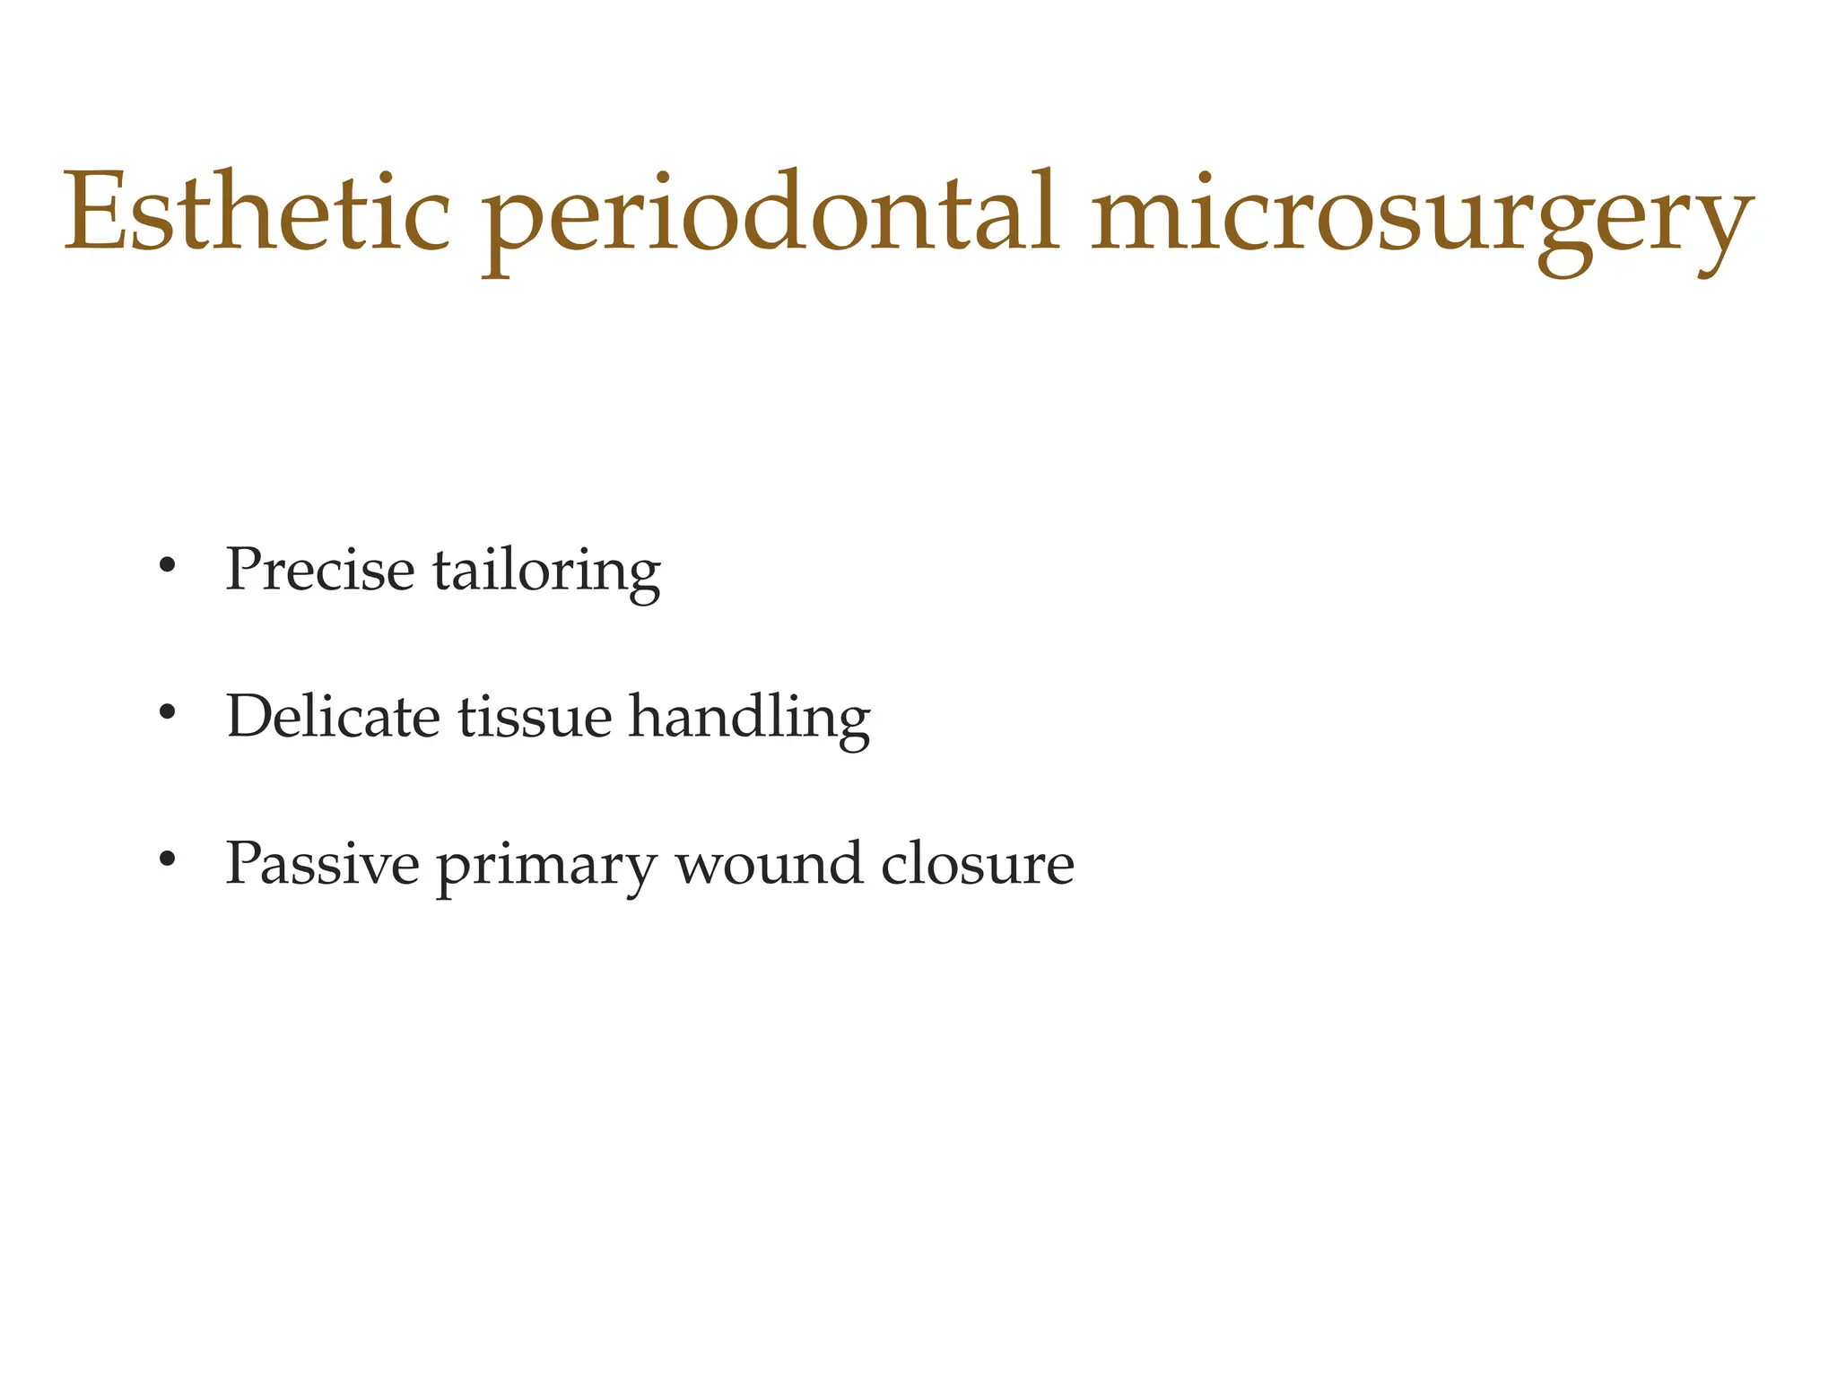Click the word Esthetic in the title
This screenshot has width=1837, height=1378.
(257, 214)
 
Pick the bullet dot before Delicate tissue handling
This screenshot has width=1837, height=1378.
(166, 713)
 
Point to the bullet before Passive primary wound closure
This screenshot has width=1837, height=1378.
(166, 859)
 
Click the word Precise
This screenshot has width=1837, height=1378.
(319, 570)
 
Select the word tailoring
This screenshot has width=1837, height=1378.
(546, 572)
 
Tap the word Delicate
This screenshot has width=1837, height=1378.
(333, 717)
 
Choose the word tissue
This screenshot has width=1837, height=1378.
(535, 717)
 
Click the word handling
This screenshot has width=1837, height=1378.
(749, 719)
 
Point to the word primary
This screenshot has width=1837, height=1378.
(546, 867)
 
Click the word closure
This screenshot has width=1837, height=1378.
(977, 864)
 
